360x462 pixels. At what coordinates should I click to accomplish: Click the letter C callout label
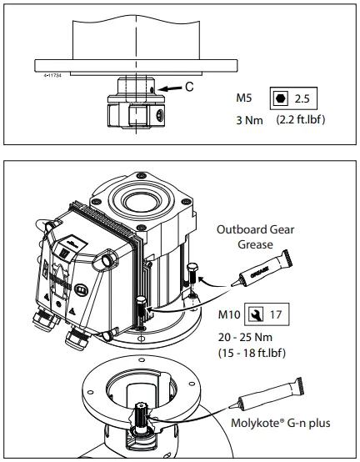pos(189,86)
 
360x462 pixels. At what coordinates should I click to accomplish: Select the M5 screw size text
pos(247,99)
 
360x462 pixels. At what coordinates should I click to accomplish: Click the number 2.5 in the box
pos(301,99)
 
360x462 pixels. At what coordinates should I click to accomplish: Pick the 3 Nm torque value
pos(251,119)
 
